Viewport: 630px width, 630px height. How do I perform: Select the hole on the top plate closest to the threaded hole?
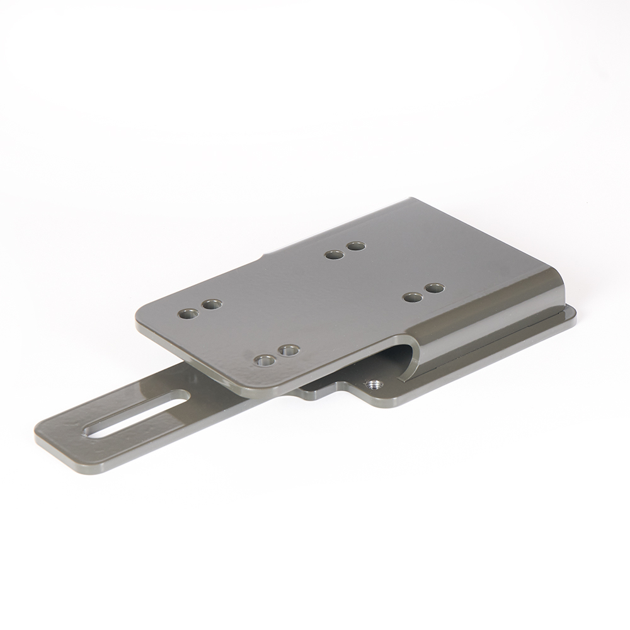tap(289, 349)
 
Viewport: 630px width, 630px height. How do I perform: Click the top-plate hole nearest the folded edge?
tap(434, 288)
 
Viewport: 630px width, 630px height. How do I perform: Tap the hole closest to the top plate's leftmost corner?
tap(188, 313)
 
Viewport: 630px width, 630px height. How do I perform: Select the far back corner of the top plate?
tap(413, 201)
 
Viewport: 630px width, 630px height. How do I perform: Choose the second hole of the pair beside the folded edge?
tap(413, 297)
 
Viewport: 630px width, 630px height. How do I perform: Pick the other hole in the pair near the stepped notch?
tap(356, 246)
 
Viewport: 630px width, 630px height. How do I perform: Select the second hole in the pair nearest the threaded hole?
tap(265, 360)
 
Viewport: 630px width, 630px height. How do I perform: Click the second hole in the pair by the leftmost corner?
tap(212, 304)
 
